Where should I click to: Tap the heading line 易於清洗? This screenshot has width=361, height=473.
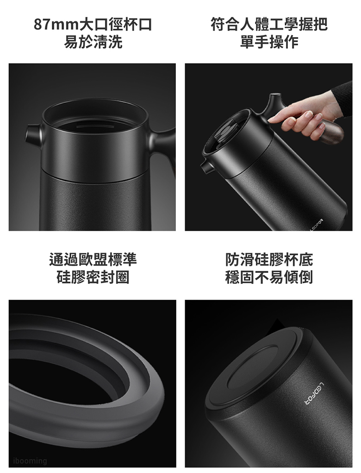(x=93, y=42)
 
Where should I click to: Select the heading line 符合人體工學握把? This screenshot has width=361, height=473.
(x=269, y=25)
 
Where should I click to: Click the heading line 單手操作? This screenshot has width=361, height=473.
(x=269, y=42)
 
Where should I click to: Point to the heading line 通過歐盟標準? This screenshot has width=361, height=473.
(x=93, y=259)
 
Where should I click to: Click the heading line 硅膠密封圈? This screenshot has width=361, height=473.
(x=93, y=277)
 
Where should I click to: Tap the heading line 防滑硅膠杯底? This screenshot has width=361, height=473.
(x=269, y=259)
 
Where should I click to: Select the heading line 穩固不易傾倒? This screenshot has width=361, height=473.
(x=269, y=277)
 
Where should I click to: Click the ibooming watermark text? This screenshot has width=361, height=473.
(x=30, y=460)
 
